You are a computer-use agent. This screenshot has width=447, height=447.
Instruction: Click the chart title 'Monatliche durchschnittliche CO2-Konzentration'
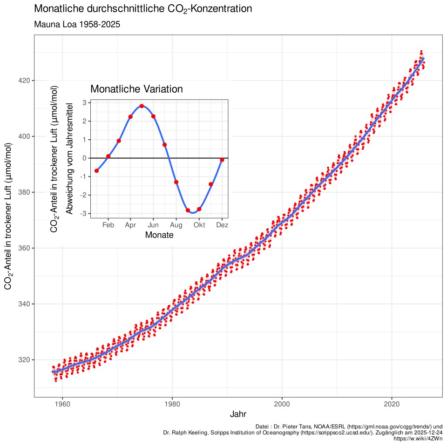(143, 9)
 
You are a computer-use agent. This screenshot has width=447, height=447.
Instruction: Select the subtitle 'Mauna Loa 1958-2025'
(77, 25)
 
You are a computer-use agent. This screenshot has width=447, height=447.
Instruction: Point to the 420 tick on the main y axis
(25, 81)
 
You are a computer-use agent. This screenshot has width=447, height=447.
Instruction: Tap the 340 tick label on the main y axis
(25, 304)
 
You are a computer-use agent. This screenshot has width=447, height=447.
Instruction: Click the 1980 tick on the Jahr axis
(172, 404)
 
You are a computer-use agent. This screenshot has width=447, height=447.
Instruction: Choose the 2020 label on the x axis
(392, 404)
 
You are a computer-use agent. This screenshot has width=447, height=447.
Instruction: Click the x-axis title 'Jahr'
(238, 414)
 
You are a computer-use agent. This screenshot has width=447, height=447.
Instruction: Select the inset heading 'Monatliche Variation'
(136, 89)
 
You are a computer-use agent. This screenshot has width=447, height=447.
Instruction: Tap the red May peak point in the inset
(142, 106)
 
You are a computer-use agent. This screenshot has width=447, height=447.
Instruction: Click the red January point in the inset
(97, 171)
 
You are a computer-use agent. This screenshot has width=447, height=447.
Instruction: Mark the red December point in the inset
(222, 160)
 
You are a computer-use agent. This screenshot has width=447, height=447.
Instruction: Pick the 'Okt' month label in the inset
(199, 225)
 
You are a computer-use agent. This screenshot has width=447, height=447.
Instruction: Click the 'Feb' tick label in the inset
(108, 225)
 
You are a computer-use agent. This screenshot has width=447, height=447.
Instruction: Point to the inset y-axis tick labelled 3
(85, 102)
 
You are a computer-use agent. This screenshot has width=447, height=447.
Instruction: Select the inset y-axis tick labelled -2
(83, 195)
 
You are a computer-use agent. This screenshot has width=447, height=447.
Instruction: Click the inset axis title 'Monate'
(159, 235)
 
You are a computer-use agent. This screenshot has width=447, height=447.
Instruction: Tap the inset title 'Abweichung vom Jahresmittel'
(69, 158)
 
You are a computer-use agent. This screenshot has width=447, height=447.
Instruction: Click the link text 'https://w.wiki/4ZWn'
(418, 439)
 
